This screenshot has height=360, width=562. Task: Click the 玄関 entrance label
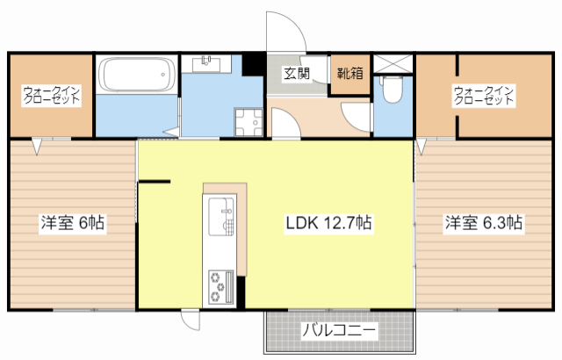(296, 74)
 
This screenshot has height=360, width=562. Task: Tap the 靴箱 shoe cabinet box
(346, 74)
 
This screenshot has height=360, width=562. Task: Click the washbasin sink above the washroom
(210, 63)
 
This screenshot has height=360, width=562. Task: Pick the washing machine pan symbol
(248, 124)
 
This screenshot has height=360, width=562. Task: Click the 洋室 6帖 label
(72, 223)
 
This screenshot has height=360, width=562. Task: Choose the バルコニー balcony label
(339, 331)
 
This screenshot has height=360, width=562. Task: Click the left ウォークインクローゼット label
(52, 95)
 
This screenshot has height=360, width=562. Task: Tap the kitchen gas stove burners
(218, 284)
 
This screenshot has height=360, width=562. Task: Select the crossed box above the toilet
(393, 64)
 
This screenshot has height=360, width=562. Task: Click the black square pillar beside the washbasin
(250, 64)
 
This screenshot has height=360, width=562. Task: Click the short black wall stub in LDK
(155, 182)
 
